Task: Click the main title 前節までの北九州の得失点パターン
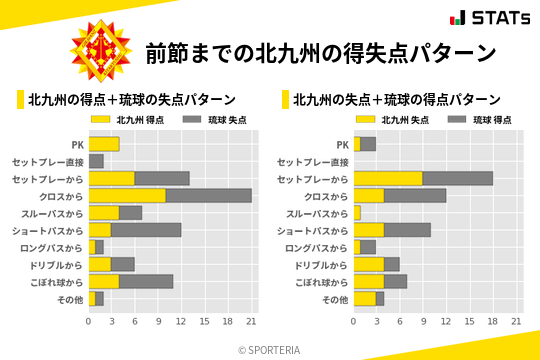pyautogui.click(x=320, y=52)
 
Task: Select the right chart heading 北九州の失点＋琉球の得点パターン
pyautogui.click(x=397, y=99)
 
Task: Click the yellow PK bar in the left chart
pyautogui.click(x=104, y=144)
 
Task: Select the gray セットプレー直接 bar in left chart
pyautogui.click(x=96, y=161)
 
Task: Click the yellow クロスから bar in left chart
pyautogui.click(x=127, y=195)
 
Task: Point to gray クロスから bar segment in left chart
pyautogui.click(x=209, y=195)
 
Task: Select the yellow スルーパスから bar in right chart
pyautogui.click(x=357, y=213)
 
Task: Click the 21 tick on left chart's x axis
pyautogui.click(x=252, y=321)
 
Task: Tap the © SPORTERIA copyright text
pyautogui.click(x=270, y=349)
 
